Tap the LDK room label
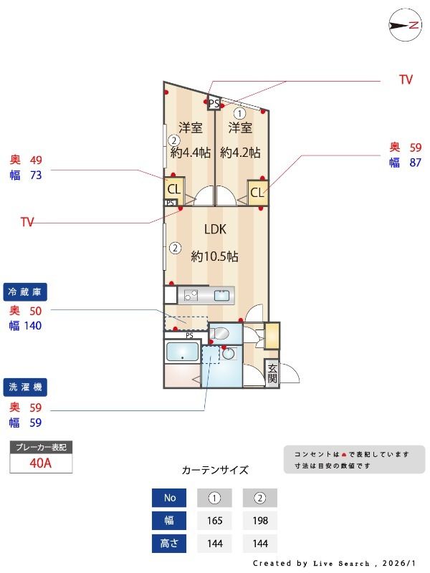(x=215, y=230)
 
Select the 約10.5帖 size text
(x=214, y=256)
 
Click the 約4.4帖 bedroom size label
(x=190, y=153)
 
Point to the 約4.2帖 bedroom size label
(x=240, y=153)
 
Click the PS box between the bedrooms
(x=214, y=103)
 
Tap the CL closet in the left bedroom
(x=173, y=189)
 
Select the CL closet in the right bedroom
(x=257, y=191)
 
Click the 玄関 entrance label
(x=272, y=374)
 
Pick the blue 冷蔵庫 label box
(x=27, y=292)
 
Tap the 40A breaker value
(x=41, y=463)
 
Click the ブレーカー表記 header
(x=41, y=447)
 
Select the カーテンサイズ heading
(x=215, y=471)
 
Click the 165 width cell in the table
(x=214, y=521)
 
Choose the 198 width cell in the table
(x=259, y=521)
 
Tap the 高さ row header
(x=169, y=544)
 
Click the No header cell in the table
(x=169, y=498)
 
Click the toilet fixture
(x=221, y=333)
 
